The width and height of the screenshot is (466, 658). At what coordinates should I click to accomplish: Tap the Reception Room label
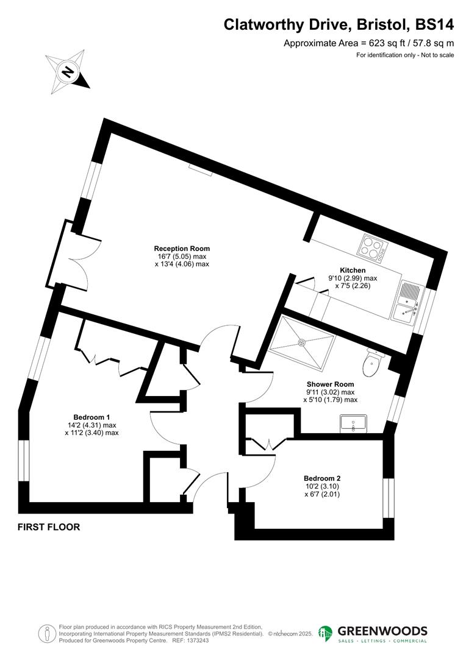182,249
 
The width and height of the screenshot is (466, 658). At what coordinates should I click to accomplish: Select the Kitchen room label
353,271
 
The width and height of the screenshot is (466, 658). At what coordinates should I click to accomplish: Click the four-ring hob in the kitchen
372,248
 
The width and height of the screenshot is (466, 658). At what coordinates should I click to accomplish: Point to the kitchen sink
407,302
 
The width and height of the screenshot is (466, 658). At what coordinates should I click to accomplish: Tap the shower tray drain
301,342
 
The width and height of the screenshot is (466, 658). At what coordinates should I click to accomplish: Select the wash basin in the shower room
354,422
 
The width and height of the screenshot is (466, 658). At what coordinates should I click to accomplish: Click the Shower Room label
330,384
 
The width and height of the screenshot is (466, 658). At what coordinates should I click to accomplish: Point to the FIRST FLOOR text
49,527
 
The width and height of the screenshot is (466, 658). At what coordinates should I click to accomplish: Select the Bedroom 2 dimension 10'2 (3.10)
321,487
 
